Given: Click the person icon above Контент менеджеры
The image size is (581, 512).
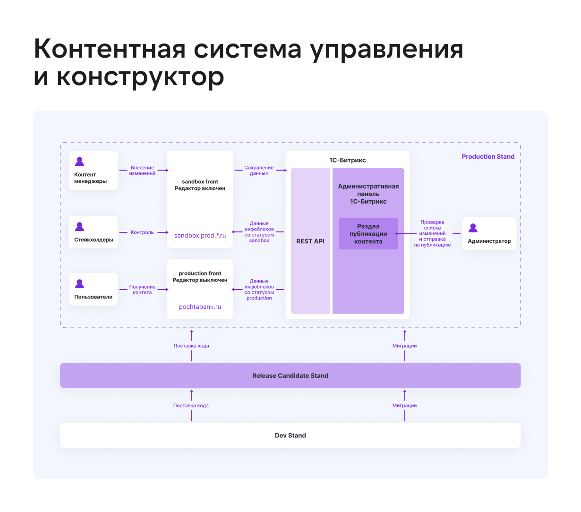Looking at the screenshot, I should (79, 162).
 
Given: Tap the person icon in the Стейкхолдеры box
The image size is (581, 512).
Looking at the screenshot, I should (79, 227).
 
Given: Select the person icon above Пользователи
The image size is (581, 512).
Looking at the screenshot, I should (79, 284).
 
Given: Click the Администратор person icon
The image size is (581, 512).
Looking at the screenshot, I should (473, 228).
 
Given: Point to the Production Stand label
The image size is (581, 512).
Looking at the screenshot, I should (488, 157).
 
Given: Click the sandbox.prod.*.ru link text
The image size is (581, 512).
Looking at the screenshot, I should (200, 235).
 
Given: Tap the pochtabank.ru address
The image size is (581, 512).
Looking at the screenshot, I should (200, 307).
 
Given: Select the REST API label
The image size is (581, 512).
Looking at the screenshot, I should (310, 241).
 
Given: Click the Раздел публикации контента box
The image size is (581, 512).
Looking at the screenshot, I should (368, 234).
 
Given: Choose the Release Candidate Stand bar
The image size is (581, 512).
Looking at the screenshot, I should (290, 375).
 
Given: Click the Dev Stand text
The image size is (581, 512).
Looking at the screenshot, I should (290, 435).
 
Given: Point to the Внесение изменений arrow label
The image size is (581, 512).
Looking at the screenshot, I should (142, 171).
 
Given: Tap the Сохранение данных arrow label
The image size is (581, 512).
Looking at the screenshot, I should (259, 171).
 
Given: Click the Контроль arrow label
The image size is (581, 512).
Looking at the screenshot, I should (142, 232).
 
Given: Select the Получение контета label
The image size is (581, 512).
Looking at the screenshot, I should (142, 290).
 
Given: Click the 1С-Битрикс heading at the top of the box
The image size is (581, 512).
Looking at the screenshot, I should (347, 160).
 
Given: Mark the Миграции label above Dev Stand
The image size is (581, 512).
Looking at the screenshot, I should (404, 406).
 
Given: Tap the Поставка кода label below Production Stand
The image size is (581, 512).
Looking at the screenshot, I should (191, 346).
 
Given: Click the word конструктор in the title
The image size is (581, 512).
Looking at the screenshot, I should (140, 77).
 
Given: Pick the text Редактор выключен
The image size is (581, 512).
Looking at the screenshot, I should (200, 280).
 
